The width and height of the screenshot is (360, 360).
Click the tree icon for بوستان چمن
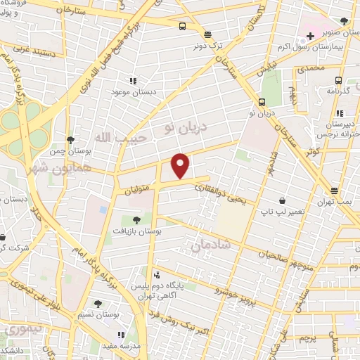70,140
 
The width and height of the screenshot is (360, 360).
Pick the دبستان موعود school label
132,92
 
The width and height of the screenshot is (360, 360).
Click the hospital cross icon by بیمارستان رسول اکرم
310,36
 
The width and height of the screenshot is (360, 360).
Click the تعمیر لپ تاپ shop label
282,211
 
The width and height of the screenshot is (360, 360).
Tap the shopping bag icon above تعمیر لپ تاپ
282,200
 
